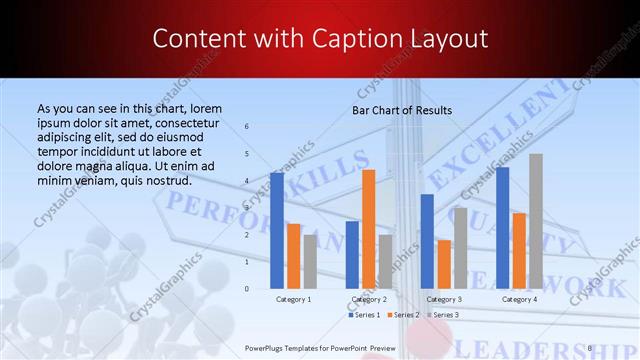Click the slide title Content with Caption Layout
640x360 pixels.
coord(319,38)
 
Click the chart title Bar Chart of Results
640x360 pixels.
coord(402,110)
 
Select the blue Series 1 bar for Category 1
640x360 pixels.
coord(277,230)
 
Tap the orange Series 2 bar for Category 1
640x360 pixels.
coord(294,256)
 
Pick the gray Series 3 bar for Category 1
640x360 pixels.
coord(310,261)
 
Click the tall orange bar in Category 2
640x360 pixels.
coord(368,229)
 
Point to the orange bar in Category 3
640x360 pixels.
coord(444,264)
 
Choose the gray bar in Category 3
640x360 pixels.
coord(460,248)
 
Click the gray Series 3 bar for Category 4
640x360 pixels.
coord(536,221)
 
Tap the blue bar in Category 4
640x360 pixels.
coord(502,228)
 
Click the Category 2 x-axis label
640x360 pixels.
coord(368,299)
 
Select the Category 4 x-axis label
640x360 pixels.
coord(519,299)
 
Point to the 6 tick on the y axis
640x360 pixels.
coord(247,126)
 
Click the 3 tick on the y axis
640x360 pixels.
coord(247,207)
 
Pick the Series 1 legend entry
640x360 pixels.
coord(365,315)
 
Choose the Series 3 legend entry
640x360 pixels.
coord(442,315)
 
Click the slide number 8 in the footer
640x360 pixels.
coord(590,348)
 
